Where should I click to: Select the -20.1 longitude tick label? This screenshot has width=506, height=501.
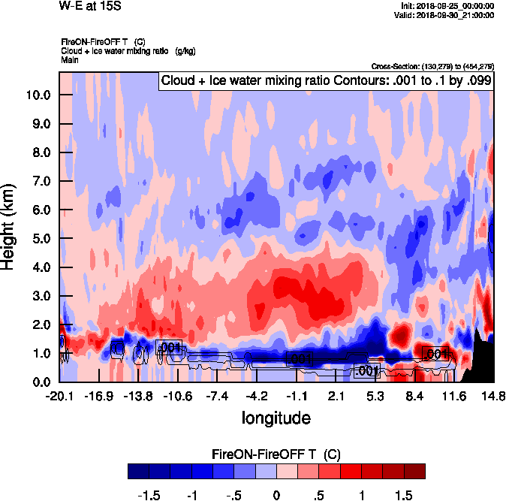(59, 396)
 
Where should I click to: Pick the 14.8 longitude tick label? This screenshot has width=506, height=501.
(493, 396)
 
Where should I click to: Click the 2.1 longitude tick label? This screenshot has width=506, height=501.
(336, 396)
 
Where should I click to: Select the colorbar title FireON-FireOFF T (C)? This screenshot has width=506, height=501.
(277, 454)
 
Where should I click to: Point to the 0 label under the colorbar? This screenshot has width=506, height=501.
(277, 496)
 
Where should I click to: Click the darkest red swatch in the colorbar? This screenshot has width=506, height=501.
(415, 471)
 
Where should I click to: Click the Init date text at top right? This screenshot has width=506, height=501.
(448, 6)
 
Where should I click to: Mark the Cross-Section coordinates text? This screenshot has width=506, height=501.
(432, 66)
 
